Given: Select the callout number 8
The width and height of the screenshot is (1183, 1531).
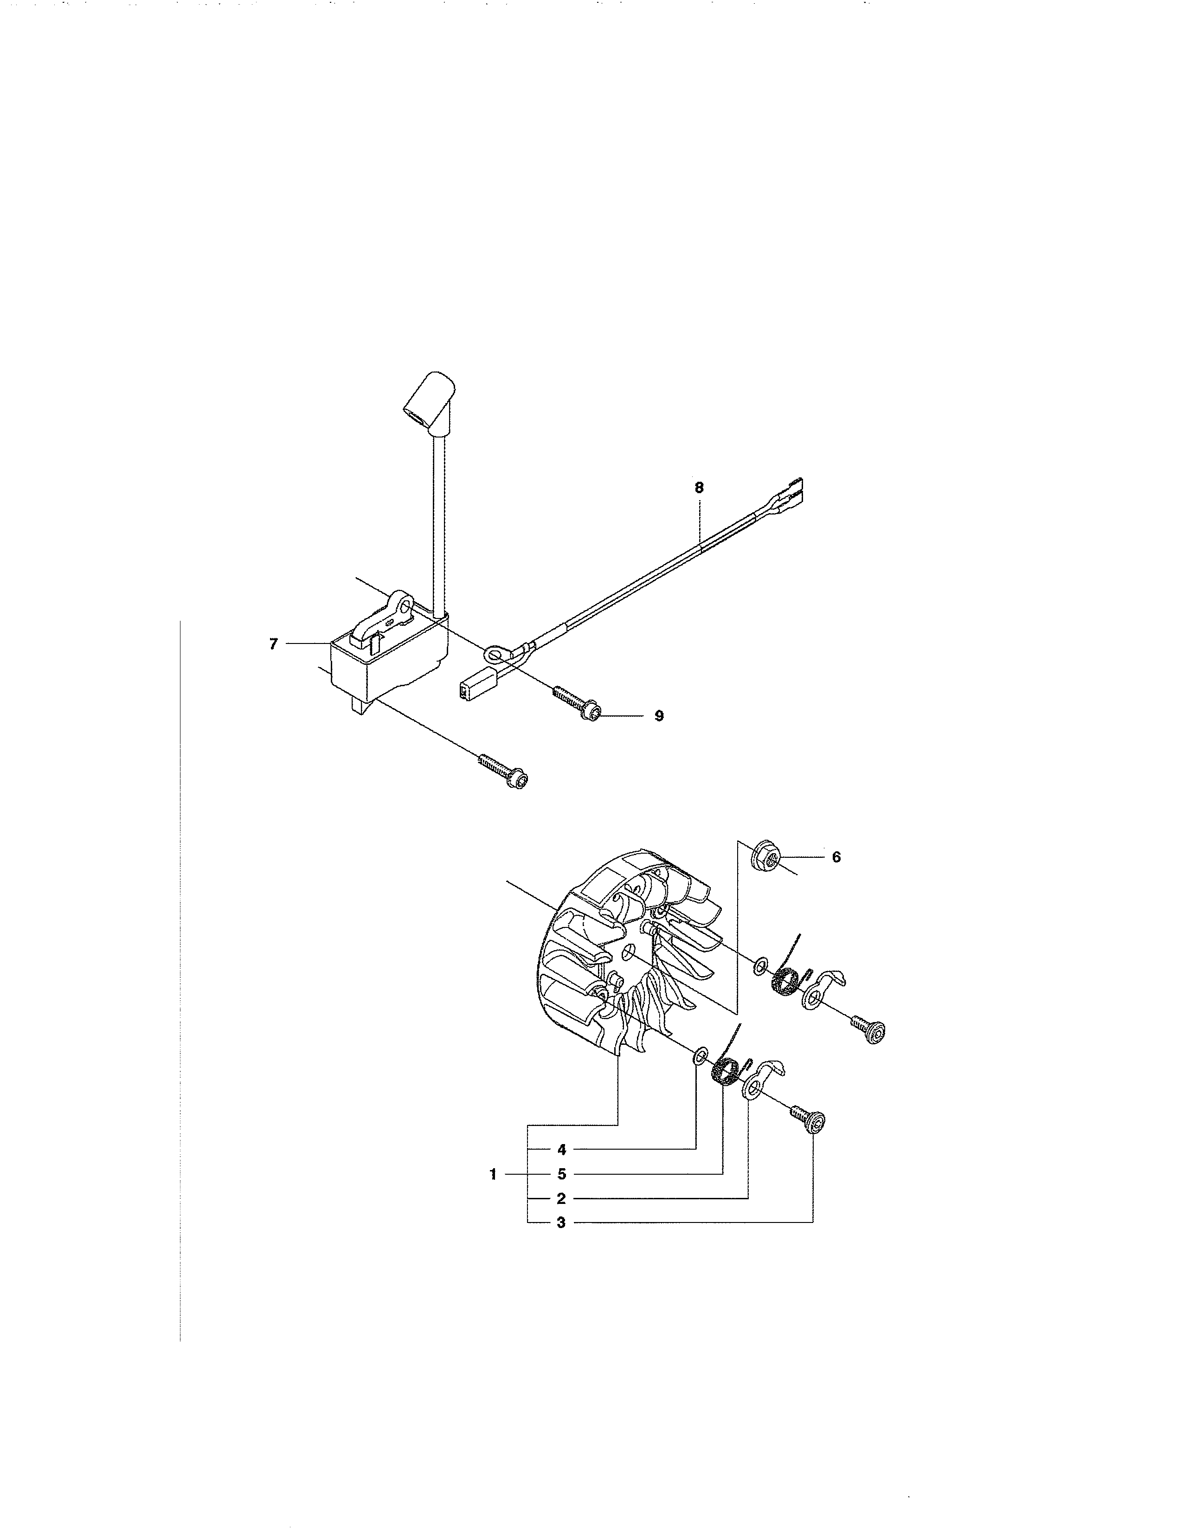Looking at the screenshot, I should click(x=699, y=487).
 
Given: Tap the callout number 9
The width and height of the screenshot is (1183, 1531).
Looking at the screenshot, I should click(x=659, y=716).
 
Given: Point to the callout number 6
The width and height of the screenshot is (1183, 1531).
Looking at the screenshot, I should click(x=836, y=856).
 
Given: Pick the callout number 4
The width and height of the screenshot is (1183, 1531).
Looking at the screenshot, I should click(x=561, y=1150).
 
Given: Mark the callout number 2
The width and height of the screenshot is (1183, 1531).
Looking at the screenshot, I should click(x=561, y=1199).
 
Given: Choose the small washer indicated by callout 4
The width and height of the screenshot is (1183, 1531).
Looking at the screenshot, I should click(x=699, y=1076).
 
